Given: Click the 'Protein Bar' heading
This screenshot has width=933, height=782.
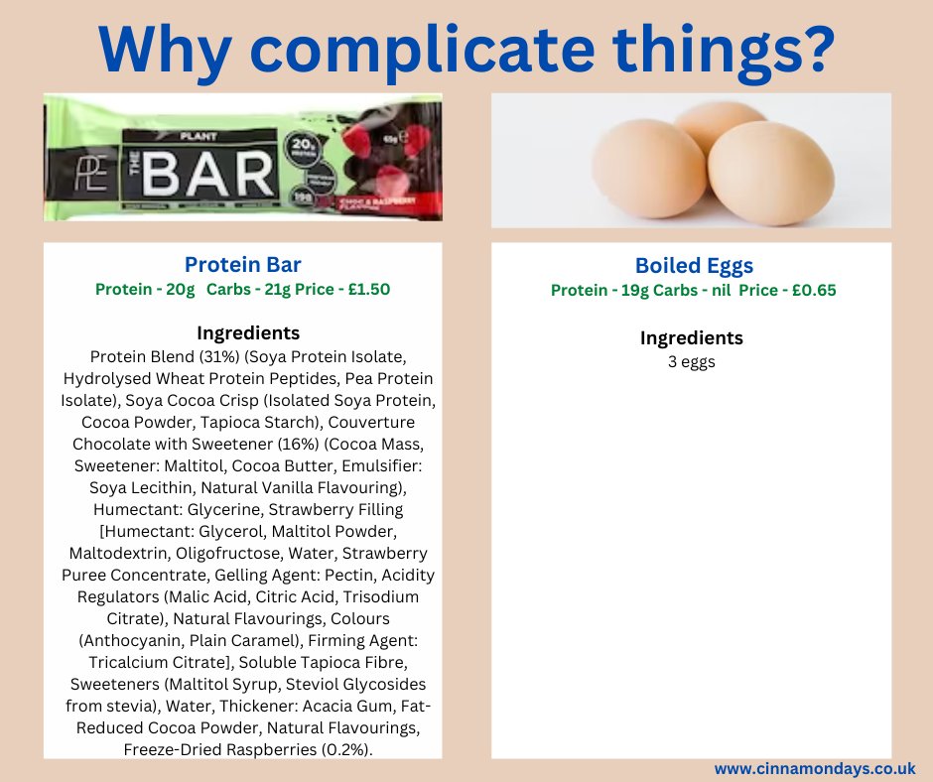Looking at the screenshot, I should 242,265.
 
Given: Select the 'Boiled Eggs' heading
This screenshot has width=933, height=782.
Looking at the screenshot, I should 694,266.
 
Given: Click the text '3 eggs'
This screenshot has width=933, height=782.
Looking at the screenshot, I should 691,361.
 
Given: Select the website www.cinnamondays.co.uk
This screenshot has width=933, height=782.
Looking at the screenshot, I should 814,768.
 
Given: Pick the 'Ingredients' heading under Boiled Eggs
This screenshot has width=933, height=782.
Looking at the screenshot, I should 691,337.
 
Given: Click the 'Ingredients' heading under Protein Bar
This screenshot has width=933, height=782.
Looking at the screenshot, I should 247,332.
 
